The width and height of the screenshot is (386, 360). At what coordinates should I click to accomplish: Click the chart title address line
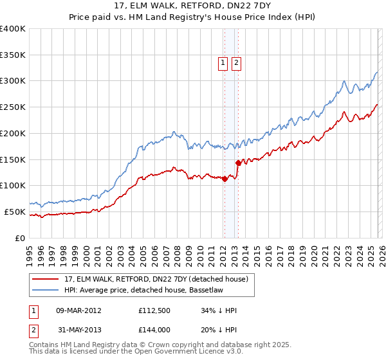click(x=193, y=7)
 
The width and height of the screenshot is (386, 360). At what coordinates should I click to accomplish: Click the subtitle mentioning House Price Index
click(x=193, y=18)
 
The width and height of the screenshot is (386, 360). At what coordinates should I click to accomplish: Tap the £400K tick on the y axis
click(x=13, y=29)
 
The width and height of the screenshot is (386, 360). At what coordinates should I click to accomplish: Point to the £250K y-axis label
click(x=13, y=107)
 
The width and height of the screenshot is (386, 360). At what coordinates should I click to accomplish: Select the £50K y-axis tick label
click(x=15, y=212)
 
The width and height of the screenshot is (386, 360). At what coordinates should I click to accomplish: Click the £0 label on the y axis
click(x=21, y=238)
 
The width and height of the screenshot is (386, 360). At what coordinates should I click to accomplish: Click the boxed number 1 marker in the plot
click(x=223, y=62)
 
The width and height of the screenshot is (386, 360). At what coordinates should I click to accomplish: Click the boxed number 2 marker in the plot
click(x=236, y=62)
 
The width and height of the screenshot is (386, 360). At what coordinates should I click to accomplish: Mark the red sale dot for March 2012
click(x=225, y=179)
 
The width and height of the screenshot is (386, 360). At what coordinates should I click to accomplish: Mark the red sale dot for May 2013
click(x=238, y=163)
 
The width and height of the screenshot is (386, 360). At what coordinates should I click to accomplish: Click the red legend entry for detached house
click(x=160, y=279)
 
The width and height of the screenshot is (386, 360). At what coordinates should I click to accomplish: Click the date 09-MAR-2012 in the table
click(x=79, y=310)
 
